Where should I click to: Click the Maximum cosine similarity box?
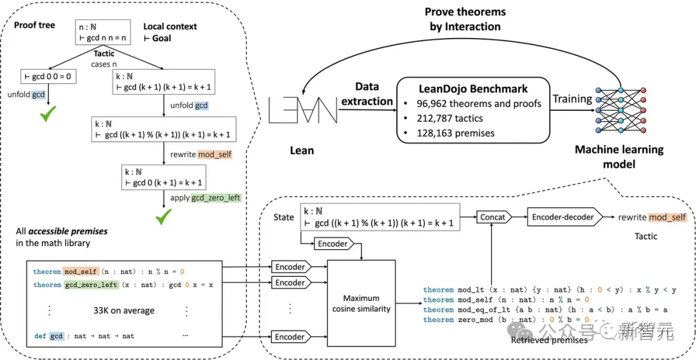point(362,304)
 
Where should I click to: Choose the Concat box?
point(493,217)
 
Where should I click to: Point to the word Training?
point(572,99)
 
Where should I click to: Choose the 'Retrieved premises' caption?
point(549,339)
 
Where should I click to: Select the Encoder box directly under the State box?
point(333,243)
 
